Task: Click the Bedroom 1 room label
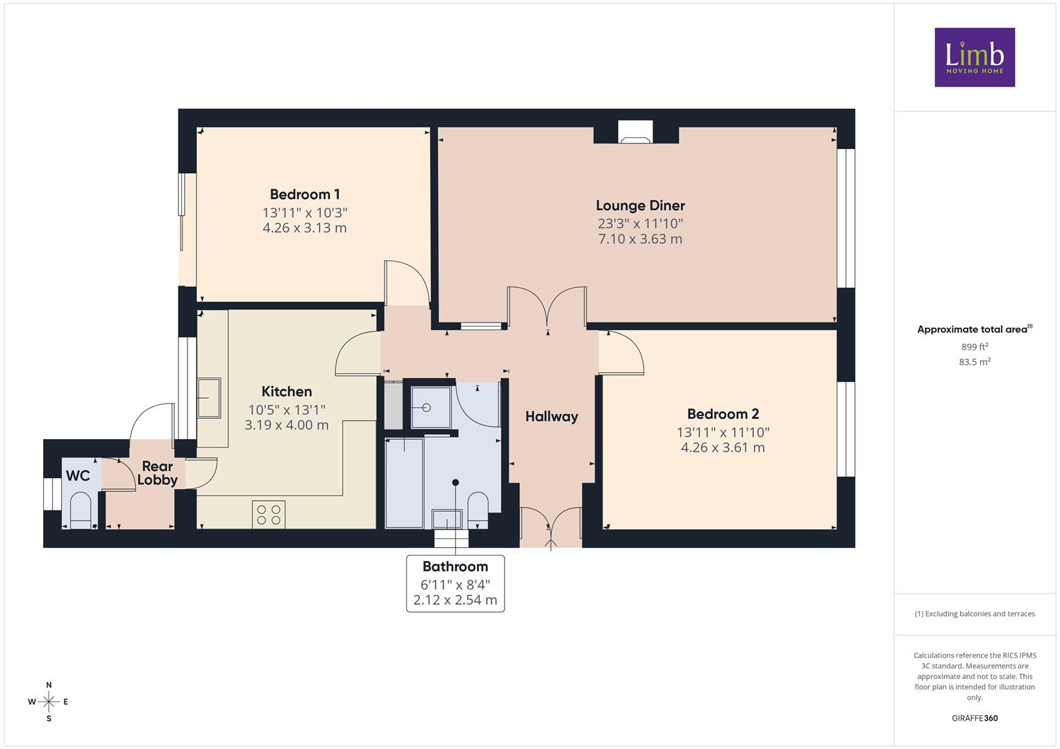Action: click(x=305, y=194)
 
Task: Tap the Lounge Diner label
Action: click(x=640, y=206)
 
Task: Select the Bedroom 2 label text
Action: click(x=723, y=414)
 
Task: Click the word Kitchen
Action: click(x=287, y=392)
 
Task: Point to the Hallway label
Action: click(x=552, y=417)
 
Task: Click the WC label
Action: click(x=78, y=475)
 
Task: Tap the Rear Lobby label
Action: click(x=158, y=473)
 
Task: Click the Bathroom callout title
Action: click(x=455, y=567)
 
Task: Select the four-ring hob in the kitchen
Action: click(x=269, y=515)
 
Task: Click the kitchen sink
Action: click(x=209, y=397)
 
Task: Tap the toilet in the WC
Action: click(x=81, y=510)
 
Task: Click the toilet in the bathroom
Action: click(x=478, y=510)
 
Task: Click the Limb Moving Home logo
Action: click(x=975, y=57)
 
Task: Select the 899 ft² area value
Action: click(x=975, y=347)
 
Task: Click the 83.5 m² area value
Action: click(x=975, y=362)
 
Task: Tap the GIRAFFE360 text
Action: click(x=975, y=718)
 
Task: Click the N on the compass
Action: click(x=49, y=685)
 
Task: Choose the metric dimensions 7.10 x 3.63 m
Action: click(x=640, y=239)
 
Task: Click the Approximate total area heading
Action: click(x=975, y=329)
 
